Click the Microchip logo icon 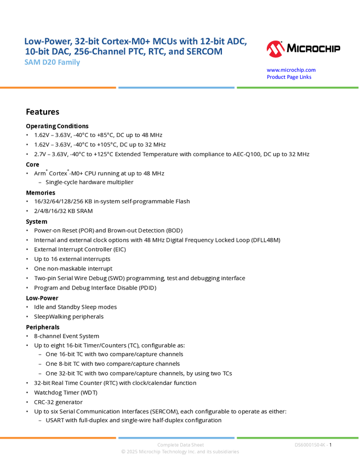pyautogui.click(x=276, y=49)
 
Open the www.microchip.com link pyautogui.click(x=291, y=70)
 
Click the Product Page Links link pyautogui.click(x=289, y=77)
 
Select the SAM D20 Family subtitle pyautogui.click(x=52, y=62)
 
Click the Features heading pyautogui.click(x=43, y=112)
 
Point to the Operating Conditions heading pyautogui.click(x=57, y=126)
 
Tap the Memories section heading pyautogui.click(x=41, y=192)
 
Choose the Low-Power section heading pyautogui.click(x=42, y=298)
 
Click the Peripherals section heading pyautogui.click(x=43, y=327)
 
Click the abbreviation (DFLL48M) pyautogui.click(x=266, y=240)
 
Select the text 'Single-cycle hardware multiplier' pyautogui.click(x=89, y=182)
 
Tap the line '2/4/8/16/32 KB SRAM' pyautogui.click(x=63, y=211)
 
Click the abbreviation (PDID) pyautogui.click(x=147, y=288)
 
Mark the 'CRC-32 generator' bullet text pyautogui.click(x=58, y=402)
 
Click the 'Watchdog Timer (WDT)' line pyautogui.click(x=66, y=393)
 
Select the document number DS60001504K pyautogui.click(x=311, y=445)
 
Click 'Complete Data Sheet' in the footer pyautogui.click(x=181, y=445)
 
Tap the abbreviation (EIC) pyautogui.click(x=119, y=249)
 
